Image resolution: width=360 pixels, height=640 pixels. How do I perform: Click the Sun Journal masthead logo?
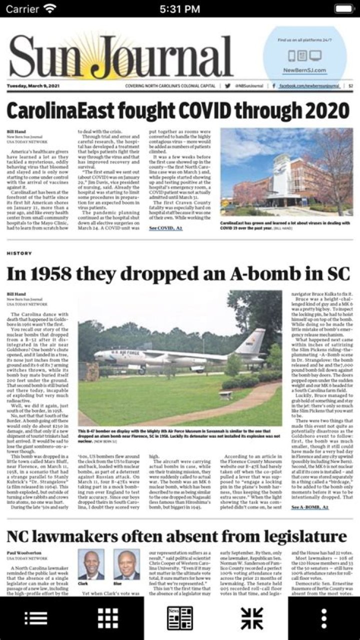point(120,57)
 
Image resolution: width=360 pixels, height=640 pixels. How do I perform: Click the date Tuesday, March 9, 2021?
point(33,86)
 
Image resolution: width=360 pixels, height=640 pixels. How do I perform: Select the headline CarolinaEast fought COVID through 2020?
point(177,109)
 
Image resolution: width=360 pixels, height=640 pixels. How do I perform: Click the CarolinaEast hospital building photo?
point(286,172)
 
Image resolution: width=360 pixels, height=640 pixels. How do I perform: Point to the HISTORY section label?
point(19,254)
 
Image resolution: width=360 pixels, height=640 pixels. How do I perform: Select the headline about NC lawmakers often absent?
point(176,536)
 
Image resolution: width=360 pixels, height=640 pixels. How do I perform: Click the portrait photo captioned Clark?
point(90,564)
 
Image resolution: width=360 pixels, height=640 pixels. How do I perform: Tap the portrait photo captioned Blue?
point(126,564)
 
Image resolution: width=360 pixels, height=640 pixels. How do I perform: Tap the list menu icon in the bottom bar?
point(36,618)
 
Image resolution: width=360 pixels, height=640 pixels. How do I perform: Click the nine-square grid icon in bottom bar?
point(108,618)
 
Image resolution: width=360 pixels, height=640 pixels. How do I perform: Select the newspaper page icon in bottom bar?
point(180,618)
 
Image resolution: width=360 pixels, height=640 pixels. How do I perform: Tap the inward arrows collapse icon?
point(252,618)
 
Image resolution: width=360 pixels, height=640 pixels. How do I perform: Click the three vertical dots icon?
point(324,618)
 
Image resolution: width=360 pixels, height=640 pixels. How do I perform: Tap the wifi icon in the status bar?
point(50,9)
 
